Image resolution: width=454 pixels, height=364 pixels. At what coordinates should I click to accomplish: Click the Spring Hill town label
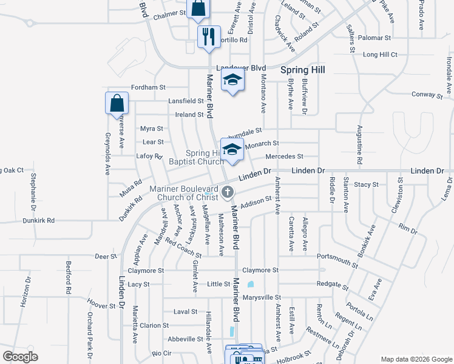point(303,70)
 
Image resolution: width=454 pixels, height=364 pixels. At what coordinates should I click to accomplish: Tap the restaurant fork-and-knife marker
point(208,36)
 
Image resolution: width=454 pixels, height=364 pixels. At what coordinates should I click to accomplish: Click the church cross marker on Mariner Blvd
point(228,193)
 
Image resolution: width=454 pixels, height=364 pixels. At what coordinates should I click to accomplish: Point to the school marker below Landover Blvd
point(232,81)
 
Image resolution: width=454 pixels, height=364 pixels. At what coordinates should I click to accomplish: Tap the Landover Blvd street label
point(242,68)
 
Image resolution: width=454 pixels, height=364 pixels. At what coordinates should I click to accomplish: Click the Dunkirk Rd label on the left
point(39,221)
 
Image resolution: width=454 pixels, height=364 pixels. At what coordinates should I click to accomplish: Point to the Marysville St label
point(262,297)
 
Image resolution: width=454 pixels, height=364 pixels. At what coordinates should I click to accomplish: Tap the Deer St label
point(106,257)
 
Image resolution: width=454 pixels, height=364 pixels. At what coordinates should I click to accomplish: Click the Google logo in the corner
point(20,357)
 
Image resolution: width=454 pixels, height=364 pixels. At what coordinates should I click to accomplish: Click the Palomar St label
point(374,38)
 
